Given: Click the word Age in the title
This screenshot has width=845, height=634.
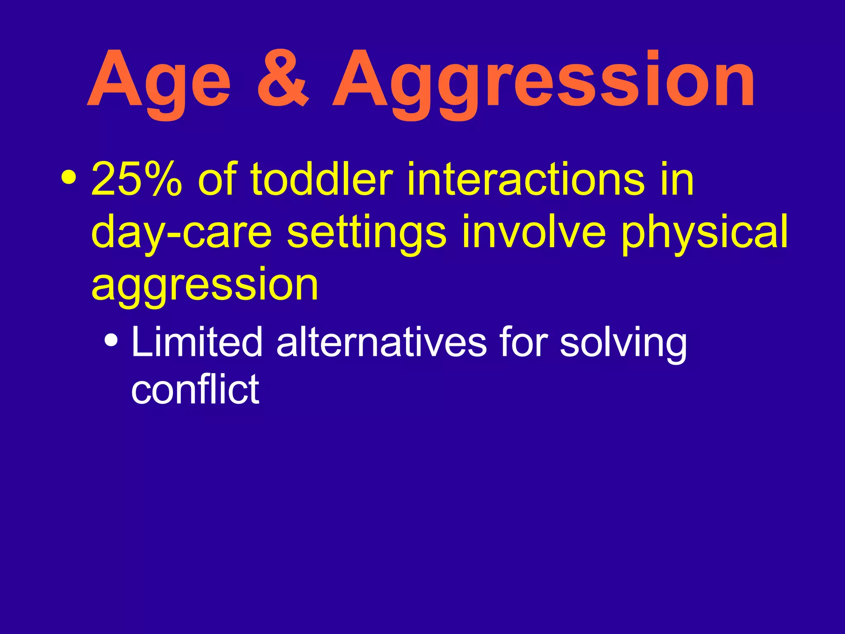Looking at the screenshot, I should pos(159,80).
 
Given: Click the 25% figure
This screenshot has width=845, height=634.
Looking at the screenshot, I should pos(137,179).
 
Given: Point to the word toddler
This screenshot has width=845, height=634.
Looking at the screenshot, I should pos(321,179).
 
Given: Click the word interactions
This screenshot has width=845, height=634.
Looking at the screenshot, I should pos(525,179).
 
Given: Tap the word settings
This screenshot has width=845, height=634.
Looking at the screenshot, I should pos(366,232).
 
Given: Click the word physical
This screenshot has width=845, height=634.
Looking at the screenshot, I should pos(705,232).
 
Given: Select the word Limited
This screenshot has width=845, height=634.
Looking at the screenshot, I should pos(197,342).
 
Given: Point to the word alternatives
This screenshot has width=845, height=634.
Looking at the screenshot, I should pos(382,342).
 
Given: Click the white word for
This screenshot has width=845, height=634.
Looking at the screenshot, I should pos(523,342).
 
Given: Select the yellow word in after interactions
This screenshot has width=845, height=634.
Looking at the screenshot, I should pos(677,179).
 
